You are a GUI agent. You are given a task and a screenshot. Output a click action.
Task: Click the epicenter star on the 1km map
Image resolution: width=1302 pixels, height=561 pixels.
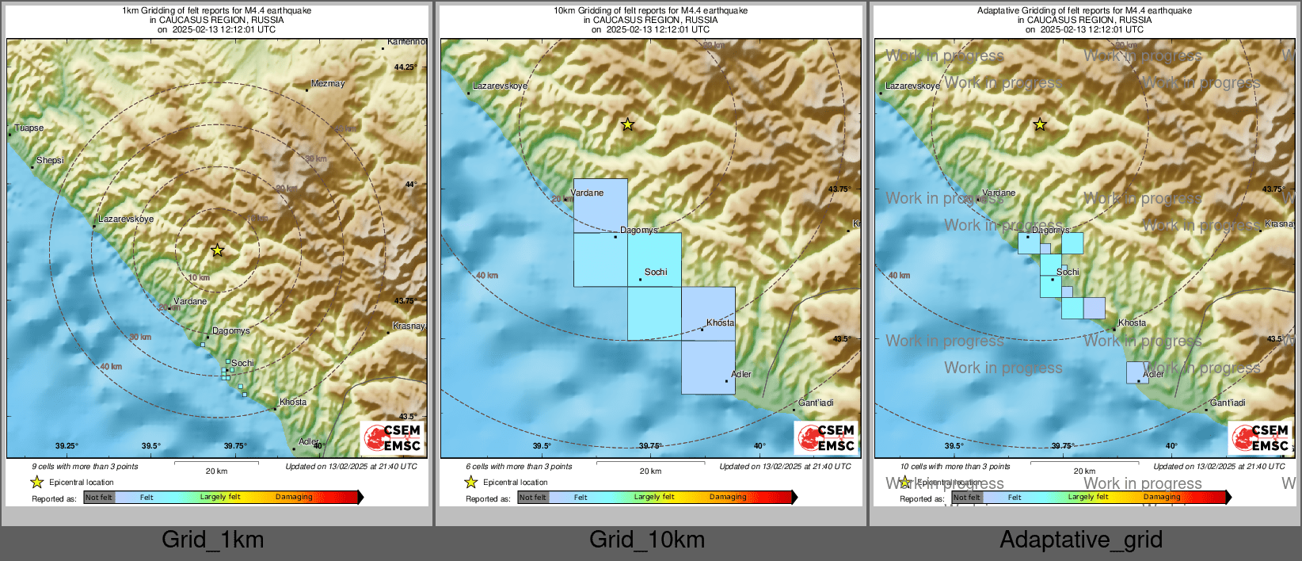pyautogui.click(x=217, y=250)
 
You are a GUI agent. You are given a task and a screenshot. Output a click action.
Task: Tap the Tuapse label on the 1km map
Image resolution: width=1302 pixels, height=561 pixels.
pyautogui.click(x=29, y=128)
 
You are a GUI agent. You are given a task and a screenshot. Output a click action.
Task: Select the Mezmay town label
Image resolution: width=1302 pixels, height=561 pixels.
pyautogui.click(x=328, y=83)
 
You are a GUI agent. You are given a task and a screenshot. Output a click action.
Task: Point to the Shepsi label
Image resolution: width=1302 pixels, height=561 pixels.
pyautogui.click(x=50, y=160)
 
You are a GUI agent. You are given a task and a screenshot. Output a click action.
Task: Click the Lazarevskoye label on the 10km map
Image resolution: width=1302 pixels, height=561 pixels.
pyautogui.click(x=500, y=86)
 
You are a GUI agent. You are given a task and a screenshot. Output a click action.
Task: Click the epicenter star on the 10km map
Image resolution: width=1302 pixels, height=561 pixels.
pyautogui.click(x=627, y=124)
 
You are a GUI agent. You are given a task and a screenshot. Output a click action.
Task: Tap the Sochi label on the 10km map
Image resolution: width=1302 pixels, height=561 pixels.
pyautogui.click(x=656, y=272)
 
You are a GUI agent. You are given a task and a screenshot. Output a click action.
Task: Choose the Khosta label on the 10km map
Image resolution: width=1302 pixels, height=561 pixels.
pyautogui.click(x=721, y=322)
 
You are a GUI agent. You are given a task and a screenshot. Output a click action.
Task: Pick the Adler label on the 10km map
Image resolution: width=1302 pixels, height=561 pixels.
pyautogui.click(x=741, y=374)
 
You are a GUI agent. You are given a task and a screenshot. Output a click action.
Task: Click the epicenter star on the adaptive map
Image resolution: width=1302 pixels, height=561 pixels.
pyautogui.click(x=1040, y=124)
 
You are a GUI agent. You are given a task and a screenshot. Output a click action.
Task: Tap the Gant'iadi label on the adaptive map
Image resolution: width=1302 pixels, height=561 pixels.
pyautogui.click(x=1228, y=403)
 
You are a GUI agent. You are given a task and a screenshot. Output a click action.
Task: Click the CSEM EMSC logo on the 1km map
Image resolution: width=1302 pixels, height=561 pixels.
pyautogui.click(x=392, y=438)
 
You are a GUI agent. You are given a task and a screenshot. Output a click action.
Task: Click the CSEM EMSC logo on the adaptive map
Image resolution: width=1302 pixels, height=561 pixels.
pyautogui.click(x=1260, y=438)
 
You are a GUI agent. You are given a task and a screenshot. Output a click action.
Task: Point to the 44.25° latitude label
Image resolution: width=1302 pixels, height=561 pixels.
pyautogui.click(x=404, y=67)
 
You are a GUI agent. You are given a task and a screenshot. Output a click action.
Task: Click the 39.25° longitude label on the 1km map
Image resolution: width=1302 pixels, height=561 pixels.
pyautogui.click(x=67, y=446)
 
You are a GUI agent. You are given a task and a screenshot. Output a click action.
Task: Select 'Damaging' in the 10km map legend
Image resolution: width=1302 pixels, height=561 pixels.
pyautogui.click(x=728, y=497)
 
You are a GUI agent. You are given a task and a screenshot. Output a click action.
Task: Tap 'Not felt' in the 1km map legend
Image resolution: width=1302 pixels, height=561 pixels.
pyautogui.click(x=98, y=498)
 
